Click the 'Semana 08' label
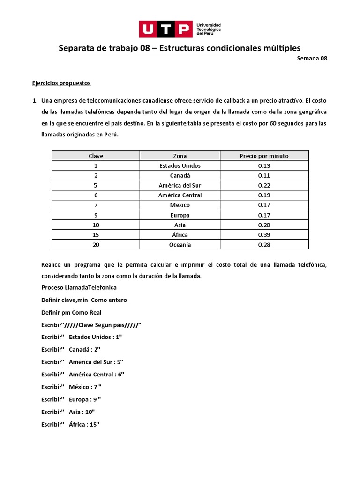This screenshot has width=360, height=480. click(312, 59)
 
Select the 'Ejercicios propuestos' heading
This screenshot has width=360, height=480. click(61, 83)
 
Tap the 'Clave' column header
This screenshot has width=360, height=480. click(96, 156)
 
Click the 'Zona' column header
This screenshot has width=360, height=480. click(180, 156)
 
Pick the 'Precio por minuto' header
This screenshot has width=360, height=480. click(264, 156)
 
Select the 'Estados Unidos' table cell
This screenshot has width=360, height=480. click(180, 165)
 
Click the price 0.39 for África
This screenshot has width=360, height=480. click(264, 234)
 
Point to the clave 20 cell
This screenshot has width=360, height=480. click(96, 245)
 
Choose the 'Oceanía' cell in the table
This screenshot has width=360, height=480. click(180, 245)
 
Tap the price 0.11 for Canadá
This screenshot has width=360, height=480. click(264, 175)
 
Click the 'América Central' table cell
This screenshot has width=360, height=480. click(180, 195)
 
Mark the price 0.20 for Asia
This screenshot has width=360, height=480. click(264, 225)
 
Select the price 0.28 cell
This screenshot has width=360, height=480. click(264, 245)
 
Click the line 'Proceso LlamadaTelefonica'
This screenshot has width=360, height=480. click(79, 287)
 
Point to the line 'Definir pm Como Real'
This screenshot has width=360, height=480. click(71, 312)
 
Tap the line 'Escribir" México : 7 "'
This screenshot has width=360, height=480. click(71, 387)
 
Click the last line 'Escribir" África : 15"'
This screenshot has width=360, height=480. click(70, 424)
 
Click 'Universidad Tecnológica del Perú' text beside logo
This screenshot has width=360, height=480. click(209, 29)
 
